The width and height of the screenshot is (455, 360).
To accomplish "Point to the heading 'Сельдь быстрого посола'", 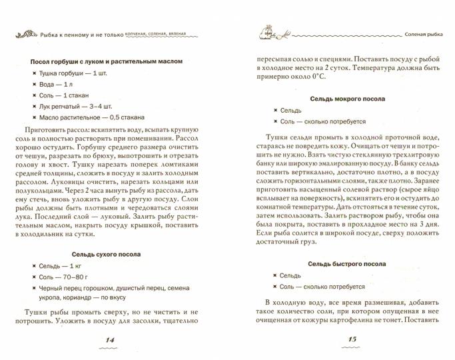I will [x=344, y=263].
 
